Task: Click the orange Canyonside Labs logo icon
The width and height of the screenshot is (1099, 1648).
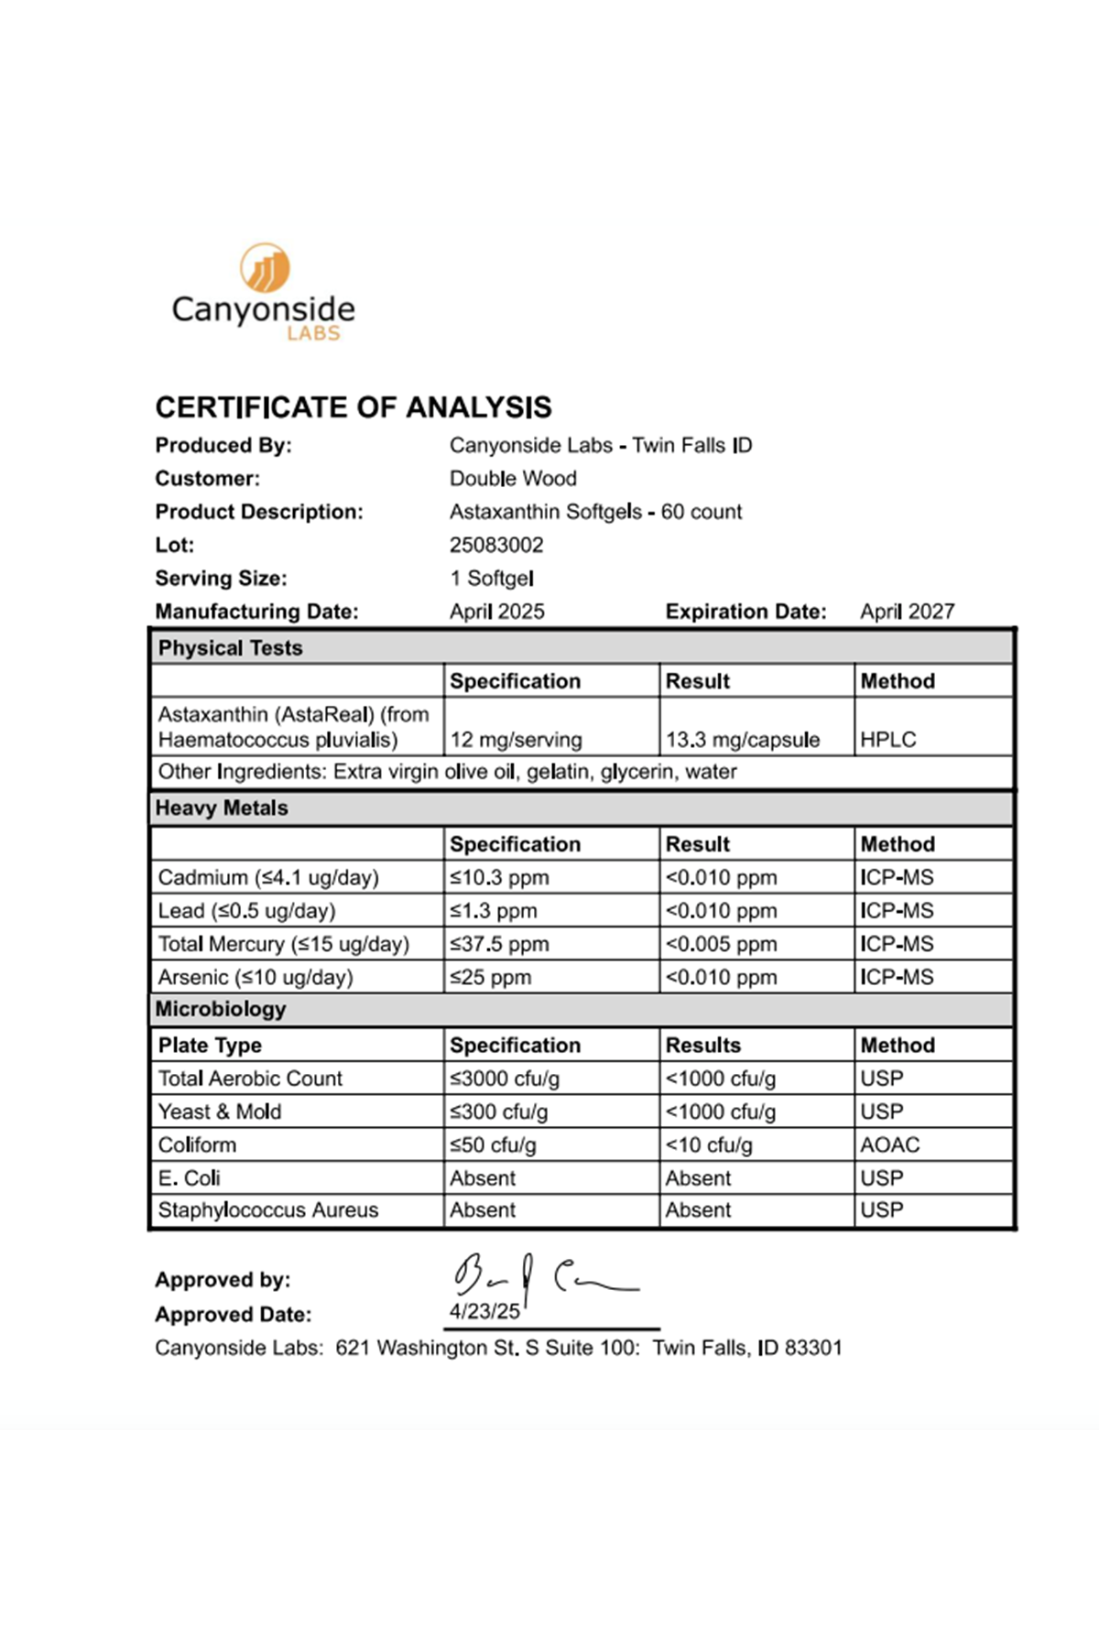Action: tap(265, 267)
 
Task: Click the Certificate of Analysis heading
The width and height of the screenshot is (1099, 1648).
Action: tap(354, 407)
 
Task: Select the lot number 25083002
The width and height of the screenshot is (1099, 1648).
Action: tap(496, 545)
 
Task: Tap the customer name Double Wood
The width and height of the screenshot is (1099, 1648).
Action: tap(513, 478)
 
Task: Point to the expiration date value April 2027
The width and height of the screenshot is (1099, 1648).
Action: tap(907, 612)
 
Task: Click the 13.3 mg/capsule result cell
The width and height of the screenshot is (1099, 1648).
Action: tap(742, 740)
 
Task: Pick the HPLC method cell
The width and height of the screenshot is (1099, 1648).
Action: tap(887, 740)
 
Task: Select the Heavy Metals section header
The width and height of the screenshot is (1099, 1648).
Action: tap(222, 808)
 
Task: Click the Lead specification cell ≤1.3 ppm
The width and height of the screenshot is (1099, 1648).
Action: tap(494, 911)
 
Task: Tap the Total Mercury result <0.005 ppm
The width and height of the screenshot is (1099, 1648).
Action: tap(721, 944)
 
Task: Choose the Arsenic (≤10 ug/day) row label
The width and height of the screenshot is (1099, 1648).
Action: tap(256, 977)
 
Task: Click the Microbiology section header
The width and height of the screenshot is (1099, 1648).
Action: tap(221, 1009)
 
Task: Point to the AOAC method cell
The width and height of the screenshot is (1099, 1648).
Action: tap(889, 1144)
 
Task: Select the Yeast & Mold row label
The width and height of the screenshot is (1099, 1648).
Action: tap(220, 1111)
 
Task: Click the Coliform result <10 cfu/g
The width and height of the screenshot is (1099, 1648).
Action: tap(709, 1144)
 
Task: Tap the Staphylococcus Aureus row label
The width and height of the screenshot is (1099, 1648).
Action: tap(267, 1209)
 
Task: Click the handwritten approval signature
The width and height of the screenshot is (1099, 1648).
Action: tap(544, 1274)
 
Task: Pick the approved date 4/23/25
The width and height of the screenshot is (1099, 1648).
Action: tap(484, 1311)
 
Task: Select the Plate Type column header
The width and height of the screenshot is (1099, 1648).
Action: tap(210, 1045)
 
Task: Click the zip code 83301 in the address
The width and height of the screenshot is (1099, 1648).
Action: tap(813, 1348)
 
